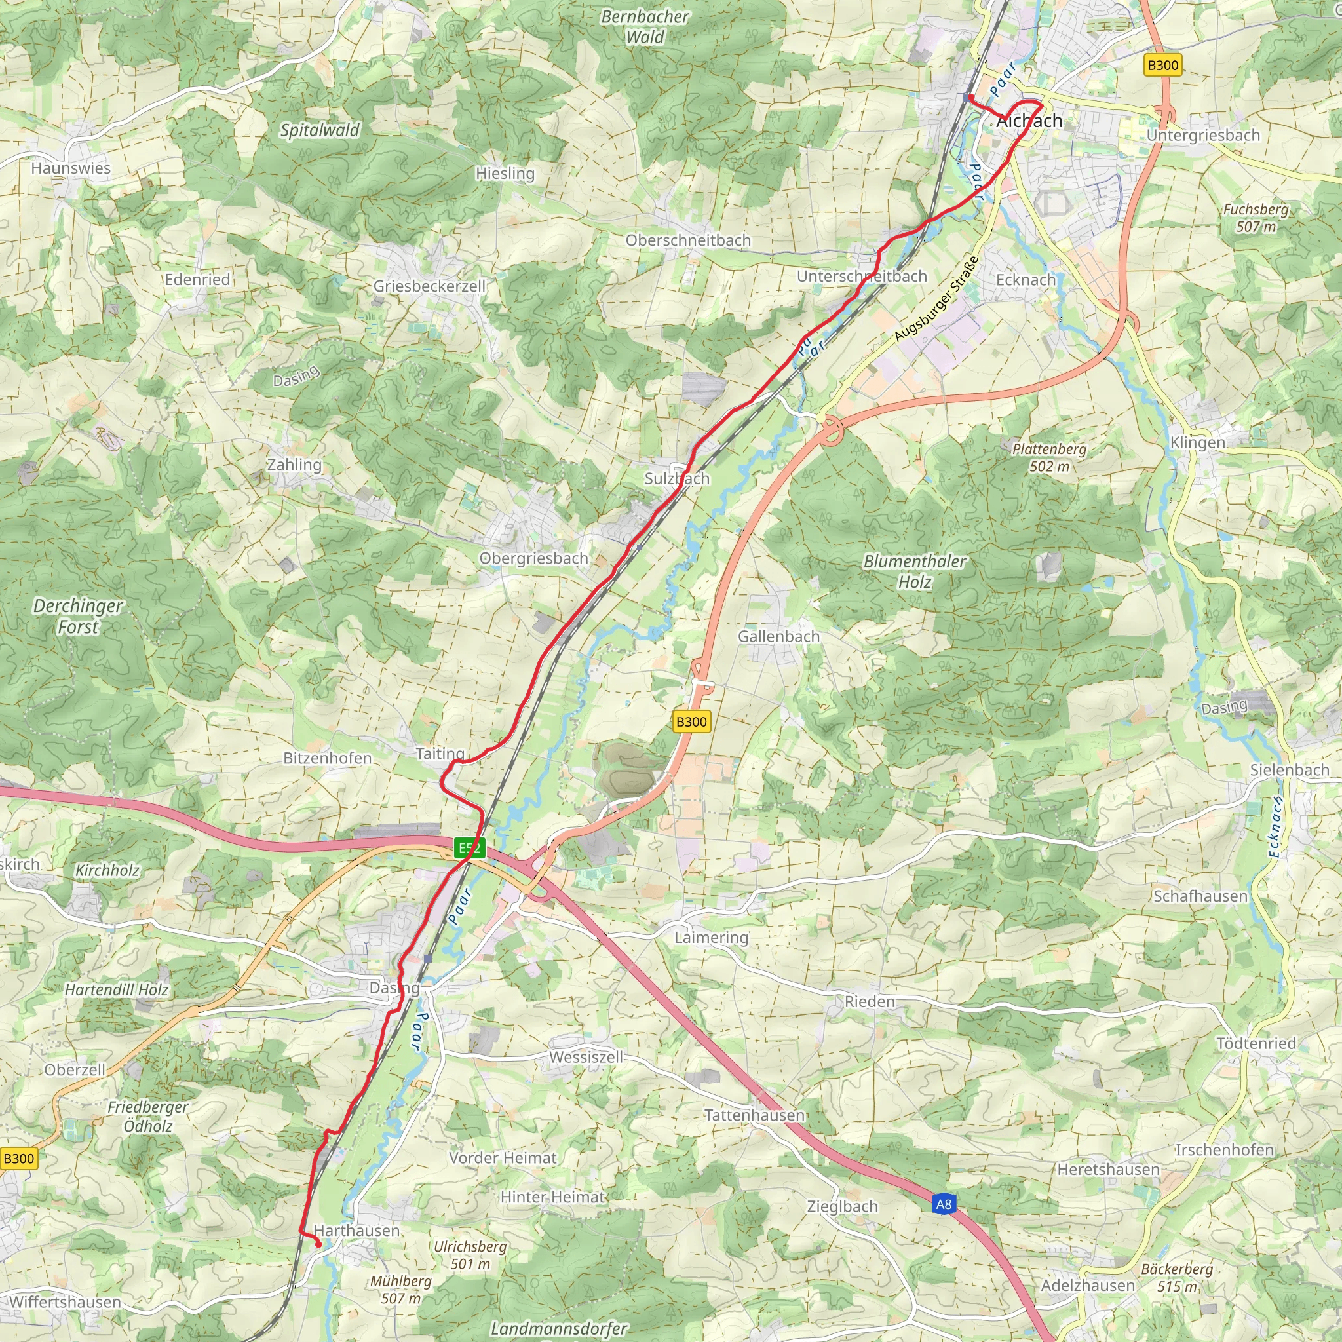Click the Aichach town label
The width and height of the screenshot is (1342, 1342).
[1029, 121]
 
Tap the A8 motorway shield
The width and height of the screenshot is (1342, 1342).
[944, 1204]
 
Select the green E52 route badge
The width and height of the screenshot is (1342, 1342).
[469, 847]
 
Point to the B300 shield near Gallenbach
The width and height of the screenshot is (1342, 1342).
[691, 721]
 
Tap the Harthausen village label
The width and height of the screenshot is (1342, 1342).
[357, 1230]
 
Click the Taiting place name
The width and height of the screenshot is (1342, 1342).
[440, 754]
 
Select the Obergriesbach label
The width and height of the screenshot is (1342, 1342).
[533, 558]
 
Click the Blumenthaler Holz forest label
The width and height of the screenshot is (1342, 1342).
[914, 571]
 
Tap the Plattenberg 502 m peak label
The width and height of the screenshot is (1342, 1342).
[1049, 457]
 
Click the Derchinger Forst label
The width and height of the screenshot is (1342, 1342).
[78, 616]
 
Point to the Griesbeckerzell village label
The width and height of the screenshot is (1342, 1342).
[429, 286]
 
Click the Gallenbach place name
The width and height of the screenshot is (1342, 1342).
[778, 636]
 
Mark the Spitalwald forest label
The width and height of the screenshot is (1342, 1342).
[320, 130]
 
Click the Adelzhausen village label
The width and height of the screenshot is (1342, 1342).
[1088, 1285]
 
